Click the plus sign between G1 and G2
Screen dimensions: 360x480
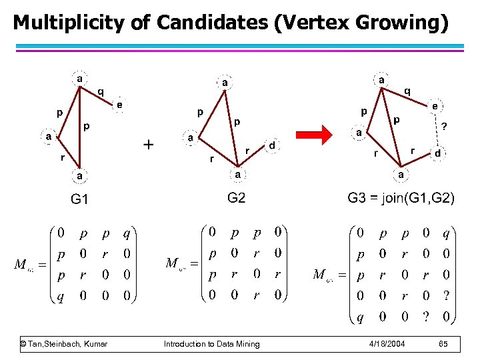point(149,143)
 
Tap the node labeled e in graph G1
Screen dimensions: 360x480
point(120,105)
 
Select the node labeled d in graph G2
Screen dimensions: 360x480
point(273,145)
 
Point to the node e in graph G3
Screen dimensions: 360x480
point(435,105)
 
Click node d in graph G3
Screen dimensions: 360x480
point(437,153)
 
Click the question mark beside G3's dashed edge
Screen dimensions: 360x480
point(445,126)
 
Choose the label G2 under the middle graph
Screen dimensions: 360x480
point(237,197)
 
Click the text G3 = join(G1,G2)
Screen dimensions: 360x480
point(401,198)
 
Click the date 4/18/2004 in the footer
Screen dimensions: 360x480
point(387,344)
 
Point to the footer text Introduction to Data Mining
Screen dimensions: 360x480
point(212,344)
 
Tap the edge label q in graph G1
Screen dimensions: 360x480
point(101,91)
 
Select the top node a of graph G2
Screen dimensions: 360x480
point(225,82)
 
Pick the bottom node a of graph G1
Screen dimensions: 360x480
point(79,175)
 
